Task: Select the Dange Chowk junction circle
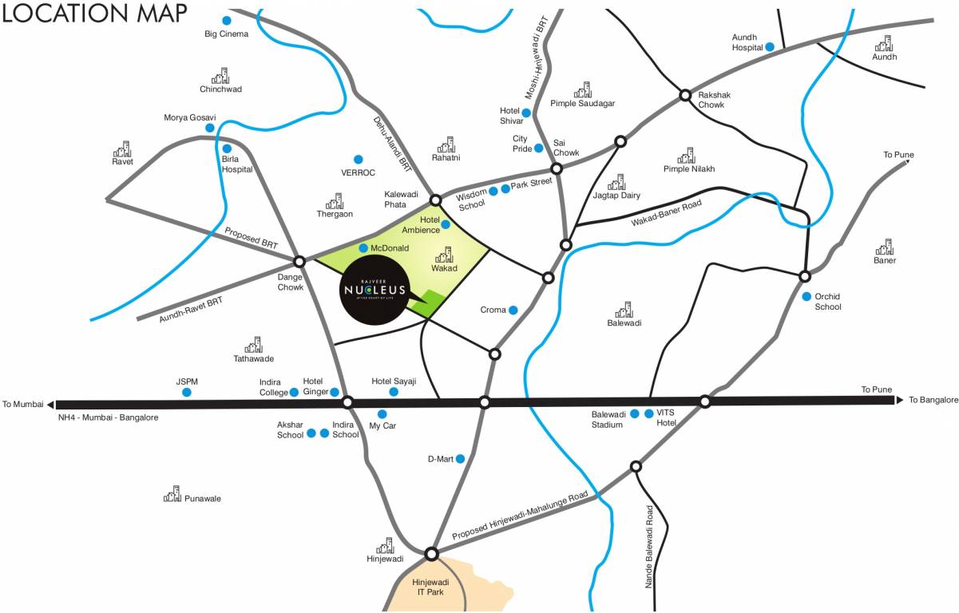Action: coord(299,261)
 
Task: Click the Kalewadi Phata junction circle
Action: coord(435,200)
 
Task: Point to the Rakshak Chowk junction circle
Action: coord(684,95)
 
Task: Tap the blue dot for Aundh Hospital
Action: coord(770,47)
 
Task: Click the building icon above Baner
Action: coord(884,247)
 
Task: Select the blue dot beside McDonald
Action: coord(363,248)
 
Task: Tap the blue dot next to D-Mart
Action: coord(460,458)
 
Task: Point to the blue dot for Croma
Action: coord(513,310)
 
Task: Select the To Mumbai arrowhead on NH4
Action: coord(51,404)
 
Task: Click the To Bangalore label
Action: coord(933,400)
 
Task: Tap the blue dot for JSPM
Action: coord(187,393)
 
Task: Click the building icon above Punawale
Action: coord(172,494)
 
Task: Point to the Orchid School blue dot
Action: coord(806,296)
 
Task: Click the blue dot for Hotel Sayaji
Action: coord(393,392)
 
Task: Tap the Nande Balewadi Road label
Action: coord(650,547)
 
